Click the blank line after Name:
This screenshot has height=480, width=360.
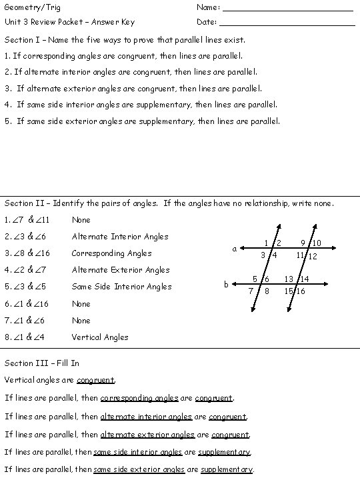[287, 10]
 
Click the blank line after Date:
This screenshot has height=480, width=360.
[287, 25]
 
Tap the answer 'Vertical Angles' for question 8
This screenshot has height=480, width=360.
[100, 337]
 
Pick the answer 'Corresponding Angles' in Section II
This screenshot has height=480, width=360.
[111, 253]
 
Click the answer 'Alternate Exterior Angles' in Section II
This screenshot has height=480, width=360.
[121, 270]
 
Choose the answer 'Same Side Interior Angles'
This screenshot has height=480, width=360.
[121, 287]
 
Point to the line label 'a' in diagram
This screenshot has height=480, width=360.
[234, 249]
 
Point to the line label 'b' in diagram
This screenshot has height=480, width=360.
[226, 285]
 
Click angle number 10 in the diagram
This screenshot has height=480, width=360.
[317, 243]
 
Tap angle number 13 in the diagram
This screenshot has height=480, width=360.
[289, 279]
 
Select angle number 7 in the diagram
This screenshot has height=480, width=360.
[251, 291]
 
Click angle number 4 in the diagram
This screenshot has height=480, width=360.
[274, 256]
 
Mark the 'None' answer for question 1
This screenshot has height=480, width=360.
[81, 220]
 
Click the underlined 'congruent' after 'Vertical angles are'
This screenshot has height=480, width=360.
[95, 381]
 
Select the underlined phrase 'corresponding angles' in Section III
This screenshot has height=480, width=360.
[139, 399]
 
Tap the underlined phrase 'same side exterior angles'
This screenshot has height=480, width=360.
[139, 469]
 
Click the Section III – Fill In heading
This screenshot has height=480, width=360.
[42, 363]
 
